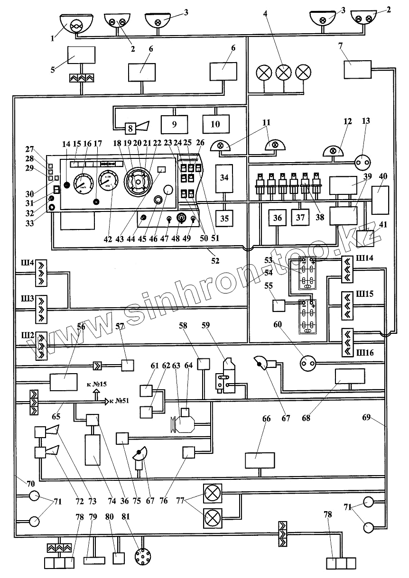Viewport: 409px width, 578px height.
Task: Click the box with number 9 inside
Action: tap(174, 124)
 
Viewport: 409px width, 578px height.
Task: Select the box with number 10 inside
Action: tap(216, 124)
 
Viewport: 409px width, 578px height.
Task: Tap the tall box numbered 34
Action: tap(224, 178)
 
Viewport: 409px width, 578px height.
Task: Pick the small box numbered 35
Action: tap(224, 218)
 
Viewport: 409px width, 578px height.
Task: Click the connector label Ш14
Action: tap(367, 259)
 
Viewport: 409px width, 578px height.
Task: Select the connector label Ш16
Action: tap(367, 353)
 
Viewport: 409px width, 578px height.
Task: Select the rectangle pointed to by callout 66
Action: tap(260, 460)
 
